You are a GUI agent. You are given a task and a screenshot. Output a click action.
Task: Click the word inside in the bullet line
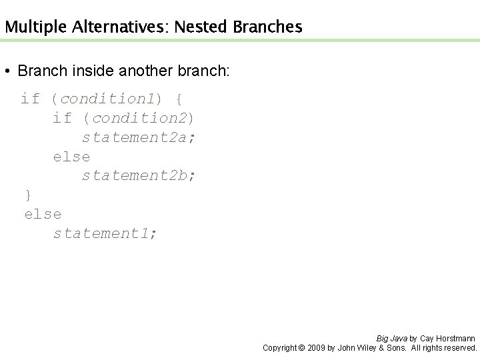point(87,71)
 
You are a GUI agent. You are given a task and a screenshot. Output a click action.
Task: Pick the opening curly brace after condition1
point(178,99)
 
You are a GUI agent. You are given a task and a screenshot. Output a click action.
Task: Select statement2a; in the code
point(139,138)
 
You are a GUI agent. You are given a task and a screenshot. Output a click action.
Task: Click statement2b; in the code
point(139,176)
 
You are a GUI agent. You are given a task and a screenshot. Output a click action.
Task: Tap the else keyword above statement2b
point(71,157)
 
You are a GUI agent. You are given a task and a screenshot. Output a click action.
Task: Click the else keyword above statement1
point(43,214)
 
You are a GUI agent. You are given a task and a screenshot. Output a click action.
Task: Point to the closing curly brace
point(28,195)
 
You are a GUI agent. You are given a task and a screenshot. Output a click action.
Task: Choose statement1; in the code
point(105,233)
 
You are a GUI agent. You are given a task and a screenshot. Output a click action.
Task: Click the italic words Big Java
point(392,339)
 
